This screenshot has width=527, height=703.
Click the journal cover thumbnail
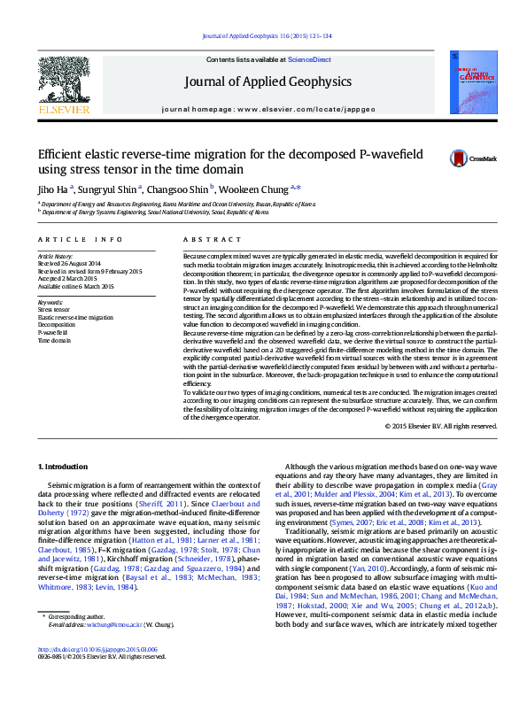[x=470, y=82]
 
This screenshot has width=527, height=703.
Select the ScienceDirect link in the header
[x=309, y=59]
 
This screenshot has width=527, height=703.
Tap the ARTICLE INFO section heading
[x=81, y=239]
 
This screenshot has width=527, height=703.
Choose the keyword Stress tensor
[x=56, y=309]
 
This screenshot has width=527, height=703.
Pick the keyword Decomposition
[x=58, y=324]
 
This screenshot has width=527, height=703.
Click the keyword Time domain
[x=55, y=340]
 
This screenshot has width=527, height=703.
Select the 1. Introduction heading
[x=63, y=467]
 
